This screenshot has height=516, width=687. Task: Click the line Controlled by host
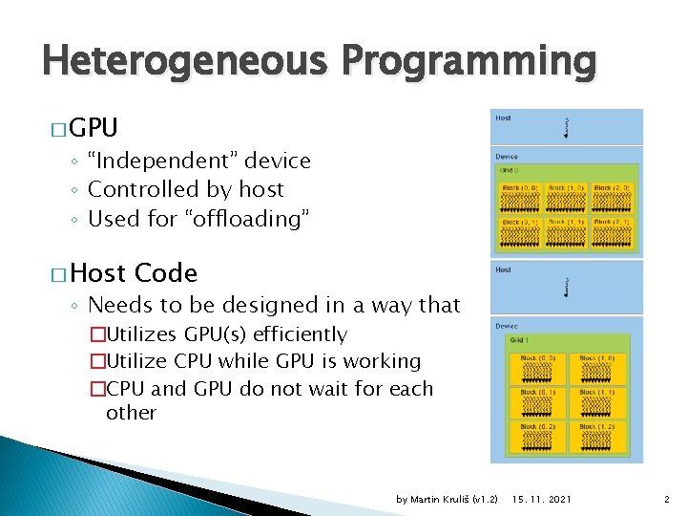[x=186, y=189]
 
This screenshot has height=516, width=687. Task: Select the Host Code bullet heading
[x=134, y=273]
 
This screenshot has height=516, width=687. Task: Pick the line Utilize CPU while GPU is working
[x=263, y=361]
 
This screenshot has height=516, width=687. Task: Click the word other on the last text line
[x=131, y=413]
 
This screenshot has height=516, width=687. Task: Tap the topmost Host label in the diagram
[x=503, y=118]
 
